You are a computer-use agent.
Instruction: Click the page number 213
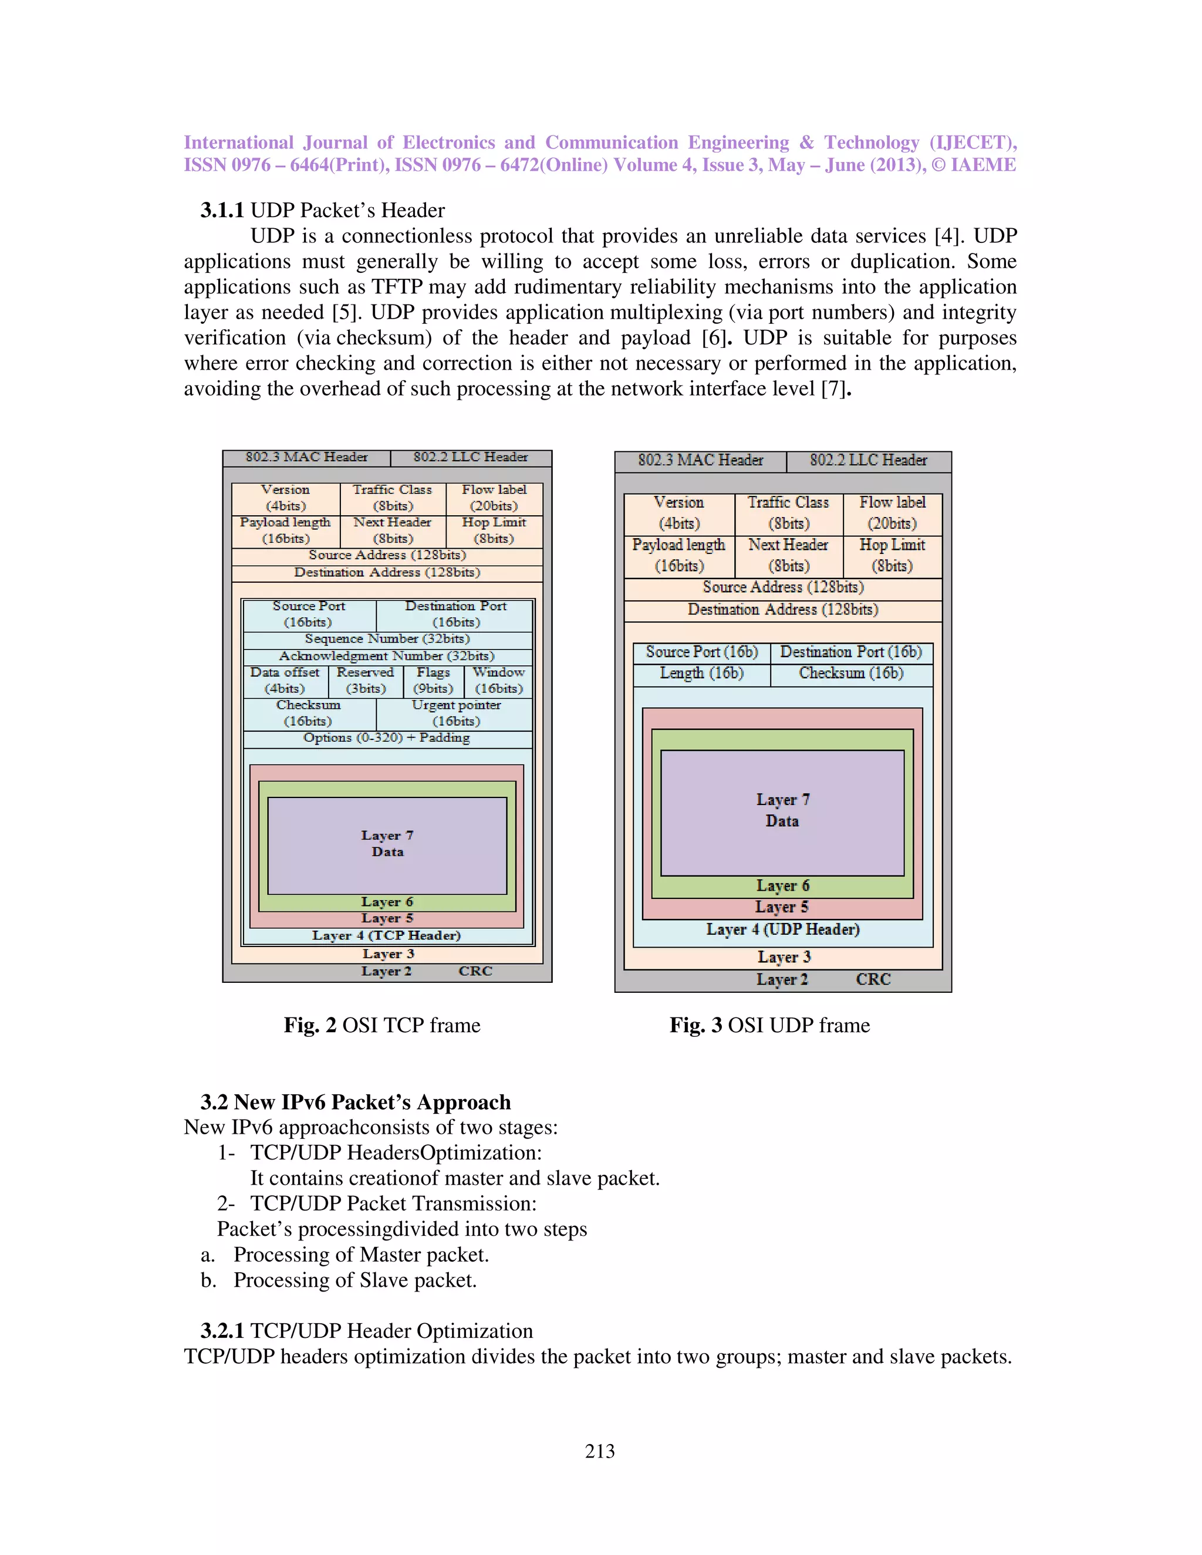600,1451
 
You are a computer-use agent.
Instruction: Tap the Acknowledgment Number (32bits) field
387,657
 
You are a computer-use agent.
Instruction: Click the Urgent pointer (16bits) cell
455,714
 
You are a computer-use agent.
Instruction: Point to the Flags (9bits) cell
433,681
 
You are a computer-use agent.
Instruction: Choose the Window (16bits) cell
498,681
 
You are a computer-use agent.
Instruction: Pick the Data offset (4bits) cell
285,681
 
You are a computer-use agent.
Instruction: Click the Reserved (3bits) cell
365,681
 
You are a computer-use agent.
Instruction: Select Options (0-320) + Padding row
387,738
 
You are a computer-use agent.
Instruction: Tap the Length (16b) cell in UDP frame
701,674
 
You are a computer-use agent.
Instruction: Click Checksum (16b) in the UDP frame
851,674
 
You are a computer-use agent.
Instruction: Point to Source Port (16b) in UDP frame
701,652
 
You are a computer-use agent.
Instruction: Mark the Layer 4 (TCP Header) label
387,935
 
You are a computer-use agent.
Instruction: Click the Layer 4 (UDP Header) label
782,930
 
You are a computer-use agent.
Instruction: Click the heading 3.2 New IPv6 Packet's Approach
355,1102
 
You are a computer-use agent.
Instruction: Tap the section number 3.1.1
222,211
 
